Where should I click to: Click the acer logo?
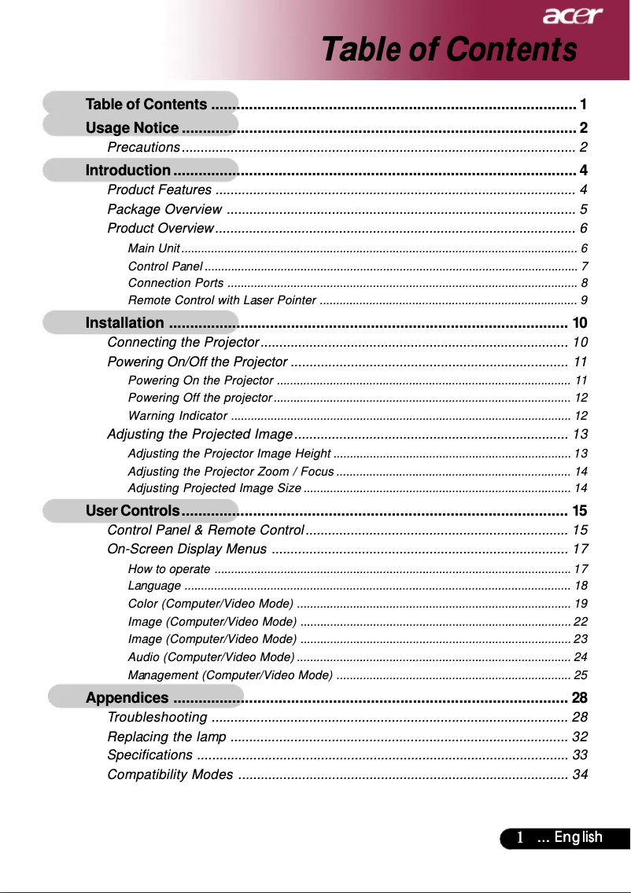click(572, 16)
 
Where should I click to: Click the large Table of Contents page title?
click(448, 50)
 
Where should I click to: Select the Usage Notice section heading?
click(132, 128)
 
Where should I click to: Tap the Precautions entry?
click(144, 148)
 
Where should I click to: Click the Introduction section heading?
click(127, 171)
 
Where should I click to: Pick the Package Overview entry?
click(164, 209)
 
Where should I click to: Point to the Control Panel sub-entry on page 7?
click(165, 266)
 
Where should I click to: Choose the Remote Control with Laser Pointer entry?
click(222, 300)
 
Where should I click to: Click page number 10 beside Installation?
click(580, 323)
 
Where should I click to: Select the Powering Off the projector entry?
click(200, 398)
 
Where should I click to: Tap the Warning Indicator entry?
click(178, 415)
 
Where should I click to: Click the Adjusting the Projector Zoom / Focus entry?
click(231, 472)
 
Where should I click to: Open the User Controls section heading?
click(134, 511)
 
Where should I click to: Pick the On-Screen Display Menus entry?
click(186, 549)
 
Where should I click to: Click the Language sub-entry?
click(154, 586)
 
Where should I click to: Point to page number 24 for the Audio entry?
click(581, 656)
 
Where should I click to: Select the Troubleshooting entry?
click(157, 718)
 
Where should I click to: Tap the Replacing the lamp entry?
click(167, 737)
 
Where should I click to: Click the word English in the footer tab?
click(578, 838)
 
